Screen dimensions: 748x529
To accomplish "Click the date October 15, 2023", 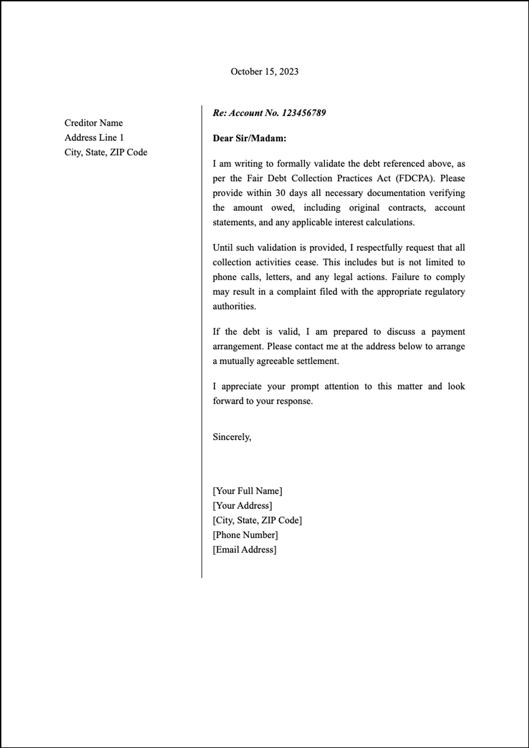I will point(264,71).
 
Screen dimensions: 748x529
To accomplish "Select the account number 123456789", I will point(303,113).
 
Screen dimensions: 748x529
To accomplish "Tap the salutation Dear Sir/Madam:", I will point(249,138).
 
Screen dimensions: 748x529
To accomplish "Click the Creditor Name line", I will point(93,123).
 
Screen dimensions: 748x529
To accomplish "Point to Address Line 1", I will point(94,138).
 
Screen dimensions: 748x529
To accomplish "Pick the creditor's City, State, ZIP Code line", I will point(106,152).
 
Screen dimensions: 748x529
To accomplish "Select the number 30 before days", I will point(280,193).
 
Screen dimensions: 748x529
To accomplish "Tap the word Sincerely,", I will point(232,437).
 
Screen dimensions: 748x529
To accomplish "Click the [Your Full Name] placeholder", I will point(247,491).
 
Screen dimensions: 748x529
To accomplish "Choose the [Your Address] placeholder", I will point(242,506).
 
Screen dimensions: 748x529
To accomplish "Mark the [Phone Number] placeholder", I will point(245,535).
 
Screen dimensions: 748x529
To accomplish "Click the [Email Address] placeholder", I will point(244,550).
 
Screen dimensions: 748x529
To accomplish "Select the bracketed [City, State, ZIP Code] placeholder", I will point(257,520).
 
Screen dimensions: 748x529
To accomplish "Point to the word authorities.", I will point(234,306).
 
